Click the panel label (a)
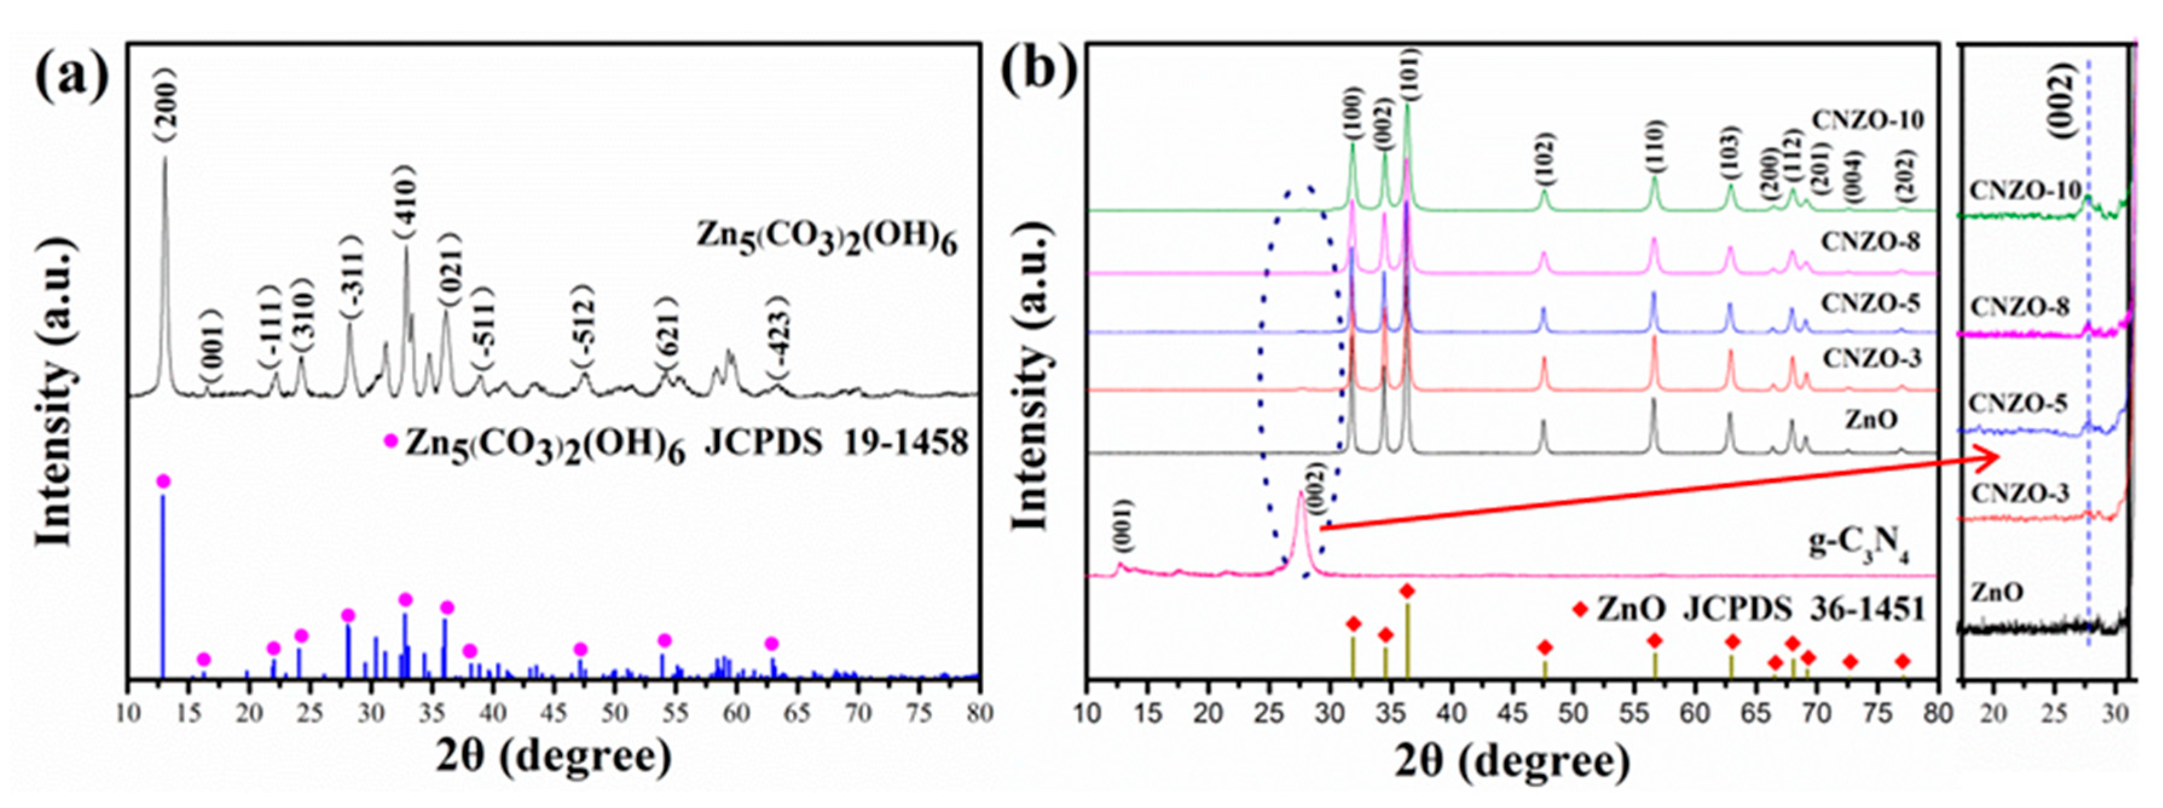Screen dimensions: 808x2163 [x=72, y=76]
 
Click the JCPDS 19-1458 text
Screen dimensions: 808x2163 [x=835, y=443]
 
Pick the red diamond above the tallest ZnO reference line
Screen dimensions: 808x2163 [x=1408, y=591]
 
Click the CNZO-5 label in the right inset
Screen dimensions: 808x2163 [x=2018, y=404]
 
